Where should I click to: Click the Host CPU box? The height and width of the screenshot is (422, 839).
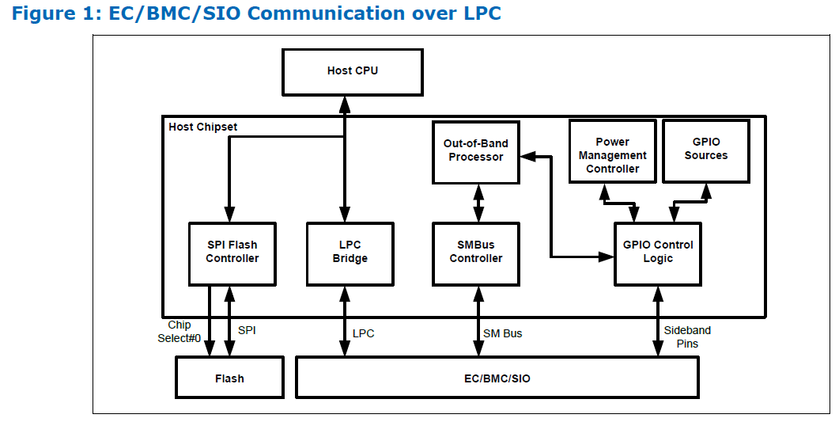point(353,72)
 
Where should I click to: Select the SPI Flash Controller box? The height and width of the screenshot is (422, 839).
point(232,254)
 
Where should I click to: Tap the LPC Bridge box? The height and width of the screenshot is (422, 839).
point(350,254)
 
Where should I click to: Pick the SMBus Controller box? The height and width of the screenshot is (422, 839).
point(476,254)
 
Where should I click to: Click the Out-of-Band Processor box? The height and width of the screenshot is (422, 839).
point(476,152)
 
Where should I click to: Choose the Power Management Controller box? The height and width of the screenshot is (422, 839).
point(613,151)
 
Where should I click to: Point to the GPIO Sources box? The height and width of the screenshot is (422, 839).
point(706,151)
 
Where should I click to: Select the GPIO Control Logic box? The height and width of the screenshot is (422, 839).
point(658,254)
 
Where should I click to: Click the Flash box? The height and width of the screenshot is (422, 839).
point(229,378)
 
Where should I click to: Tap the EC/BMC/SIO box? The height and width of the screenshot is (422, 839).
point(497,378)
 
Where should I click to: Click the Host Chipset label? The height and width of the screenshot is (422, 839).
point(202,127)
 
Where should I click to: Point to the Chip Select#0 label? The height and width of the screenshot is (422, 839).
point(180,332)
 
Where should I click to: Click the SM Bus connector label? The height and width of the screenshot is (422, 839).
point(502,333)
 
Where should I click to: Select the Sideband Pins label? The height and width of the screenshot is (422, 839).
point(688,336)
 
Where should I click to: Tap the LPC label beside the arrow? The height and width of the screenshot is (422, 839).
point(363,333)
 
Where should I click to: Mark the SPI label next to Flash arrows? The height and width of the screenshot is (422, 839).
point(247,330)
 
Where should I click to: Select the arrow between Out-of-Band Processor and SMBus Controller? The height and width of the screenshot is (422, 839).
point(478,203)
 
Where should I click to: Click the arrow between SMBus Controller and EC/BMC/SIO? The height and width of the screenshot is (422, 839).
point(478,321)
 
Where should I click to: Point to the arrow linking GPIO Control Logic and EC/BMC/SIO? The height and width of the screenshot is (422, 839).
point(658,321)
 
